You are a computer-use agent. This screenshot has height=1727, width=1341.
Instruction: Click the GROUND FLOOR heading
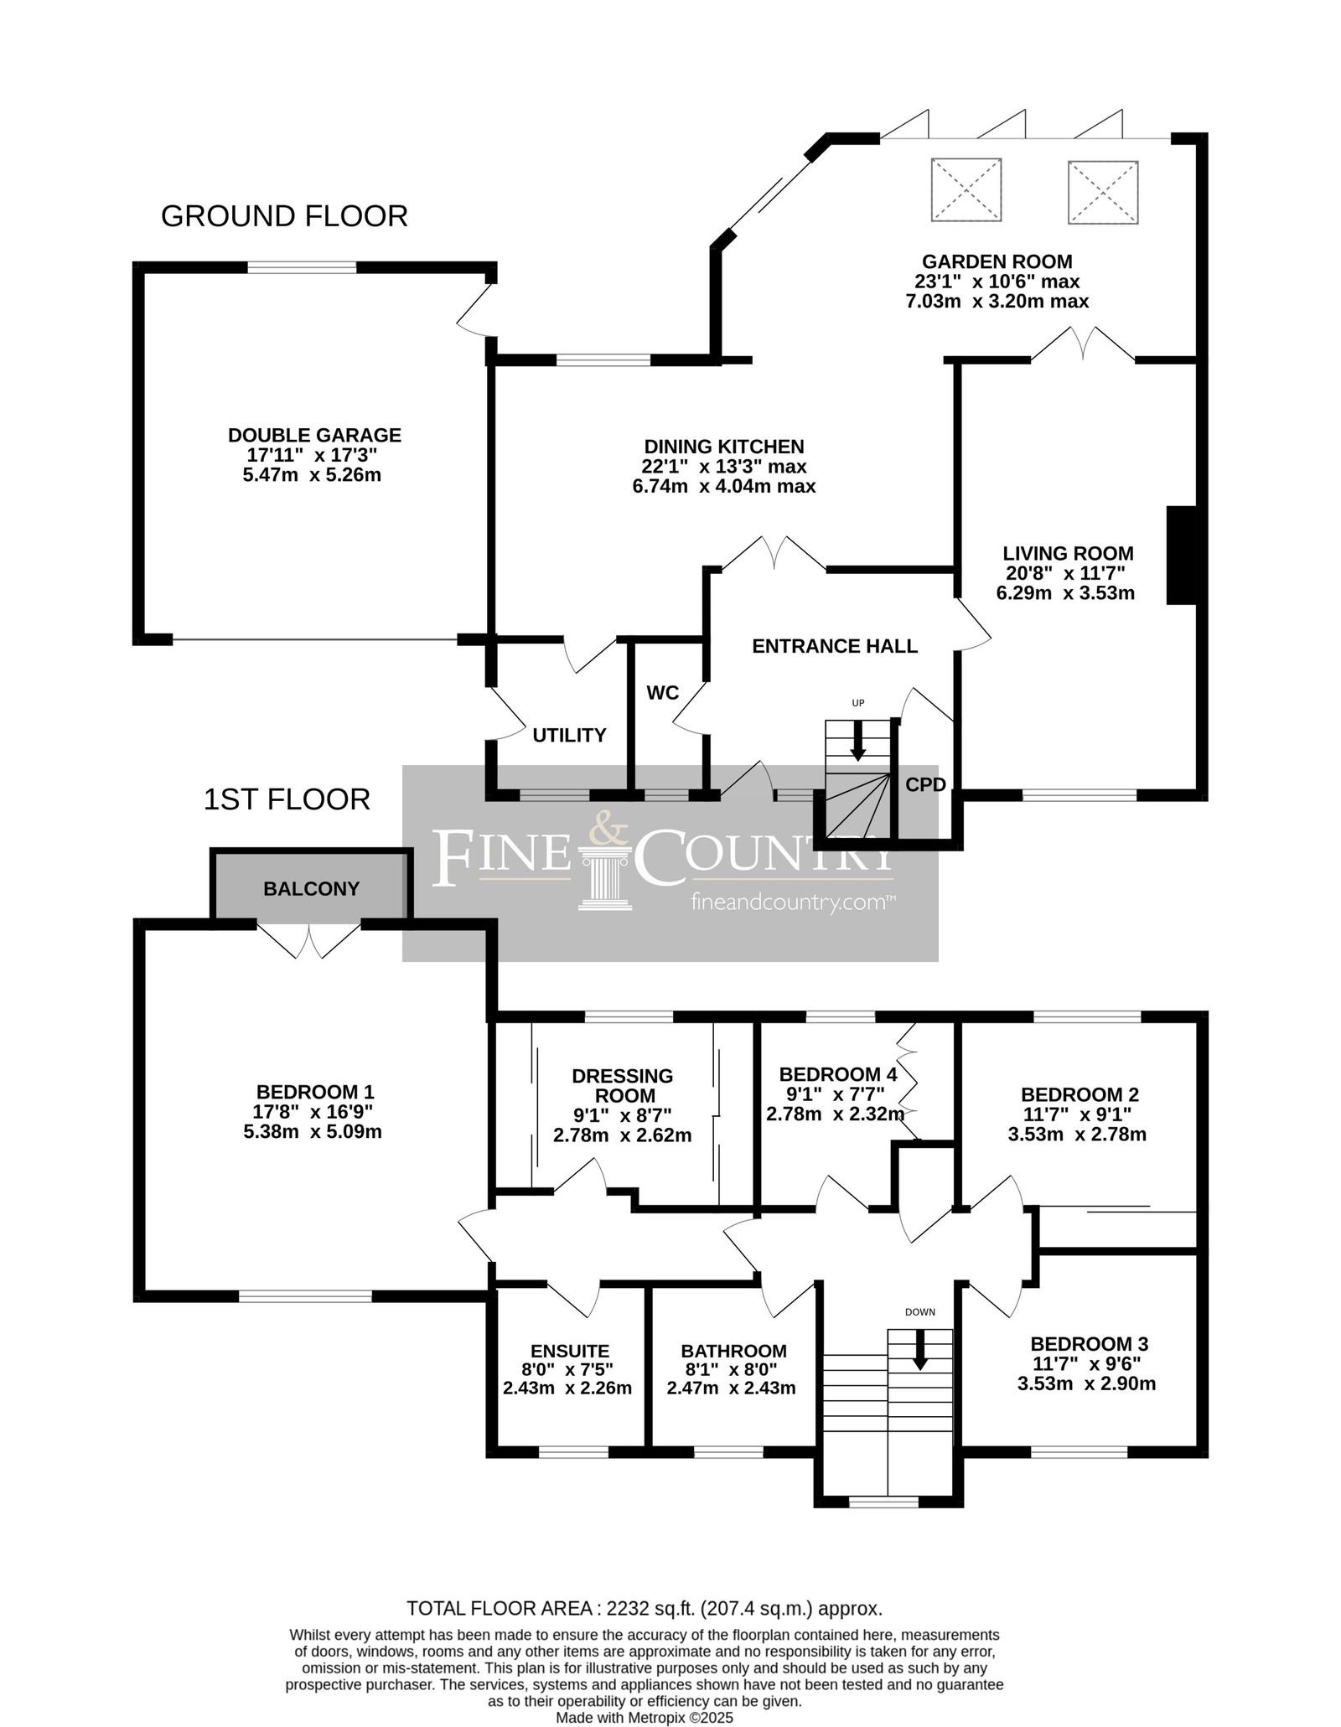point(284,216)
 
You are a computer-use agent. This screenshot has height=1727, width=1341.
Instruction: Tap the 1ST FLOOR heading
point(287,799)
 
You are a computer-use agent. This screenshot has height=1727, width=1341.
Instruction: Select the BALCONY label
point(311,889)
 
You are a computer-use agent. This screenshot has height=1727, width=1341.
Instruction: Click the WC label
point(662,693)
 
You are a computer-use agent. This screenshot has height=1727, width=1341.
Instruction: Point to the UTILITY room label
point(569,736)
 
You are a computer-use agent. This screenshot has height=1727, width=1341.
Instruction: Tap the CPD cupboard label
point(925,785)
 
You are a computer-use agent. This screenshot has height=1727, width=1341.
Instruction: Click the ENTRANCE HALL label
point(835,646)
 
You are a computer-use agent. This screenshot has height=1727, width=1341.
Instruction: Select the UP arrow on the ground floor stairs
point(857,741)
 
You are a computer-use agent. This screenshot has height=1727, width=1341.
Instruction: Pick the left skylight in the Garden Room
point(966,190)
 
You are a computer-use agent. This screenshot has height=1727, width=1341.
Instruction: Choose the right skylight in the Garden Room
point(1103,192)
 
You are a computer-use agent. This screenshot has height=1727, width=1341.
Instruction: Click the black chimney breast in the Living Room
point(1183,555)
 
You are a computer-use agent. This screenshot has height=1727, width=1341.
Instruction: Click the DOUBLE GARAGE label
point(315,436)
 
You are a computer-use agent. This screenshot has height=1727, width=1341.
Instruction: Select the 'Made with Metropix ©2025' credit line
point(645,1718)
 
